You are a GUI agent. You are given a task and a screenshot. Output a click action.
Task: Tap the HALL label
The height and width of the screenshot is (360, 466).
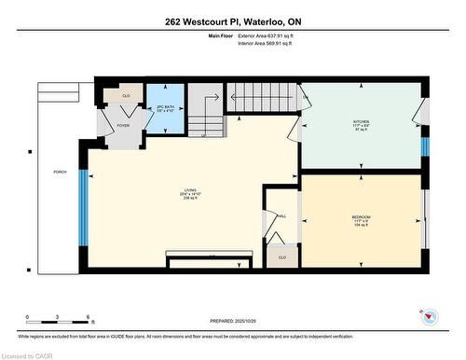281,216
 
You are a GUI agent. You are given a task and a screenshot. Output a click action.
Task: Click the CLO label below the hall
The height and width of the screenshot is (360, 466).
281,256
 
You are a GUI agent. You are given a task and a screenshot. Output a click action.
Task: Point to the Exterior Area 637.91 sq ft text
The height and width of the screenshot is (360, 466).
279,35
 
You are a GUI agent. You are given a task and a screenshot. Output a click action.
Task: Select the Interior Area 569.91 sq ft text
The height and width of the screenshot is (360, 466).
278,43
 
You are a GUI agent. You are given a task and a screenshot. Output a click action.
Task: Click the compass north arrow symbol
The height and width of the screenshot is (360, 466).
430,316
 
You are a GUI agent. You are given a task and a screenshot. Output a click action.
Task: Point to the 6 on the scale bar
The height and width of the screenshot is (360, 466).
88,317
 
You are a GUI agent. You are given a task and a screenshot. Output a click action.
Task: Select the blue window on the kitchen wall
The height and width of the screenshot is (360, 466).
424,146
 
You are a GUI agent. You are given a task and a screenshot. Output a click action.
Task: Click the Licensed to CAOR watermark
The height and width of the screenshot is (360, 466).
28,354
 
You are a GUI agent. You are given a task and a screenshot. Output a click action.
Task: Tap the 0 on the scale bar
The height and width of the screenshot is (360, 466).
28,317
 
